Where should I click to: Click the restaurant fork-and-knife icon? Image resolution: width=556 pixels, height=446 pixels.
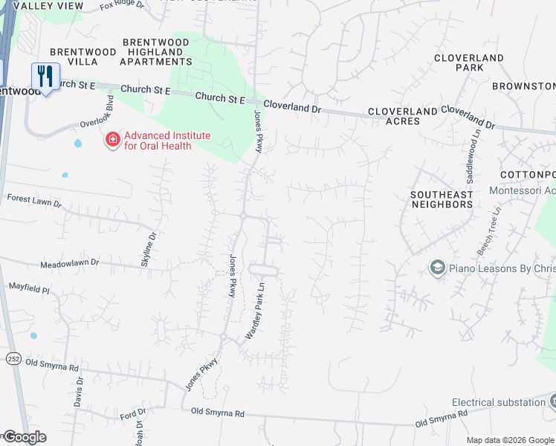coord(45,76)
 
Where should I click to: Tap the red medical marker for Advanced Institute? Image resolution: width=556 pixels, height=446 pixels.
coord(113,139)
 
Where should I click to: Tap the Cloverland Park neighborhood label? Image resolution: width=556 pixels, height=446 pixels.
coord(469,62)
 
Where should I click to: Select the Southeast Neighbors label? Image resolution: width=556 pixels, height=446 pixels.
coord(442,198)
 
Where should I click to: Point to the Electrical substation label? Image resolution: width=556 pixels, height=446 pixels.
coord(499,402)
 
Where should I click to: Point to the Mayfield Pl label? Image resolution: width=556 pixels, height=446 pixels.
coord(28,286)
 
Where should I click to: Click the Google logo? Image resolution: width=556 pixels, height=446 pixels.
coord(24,437)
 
